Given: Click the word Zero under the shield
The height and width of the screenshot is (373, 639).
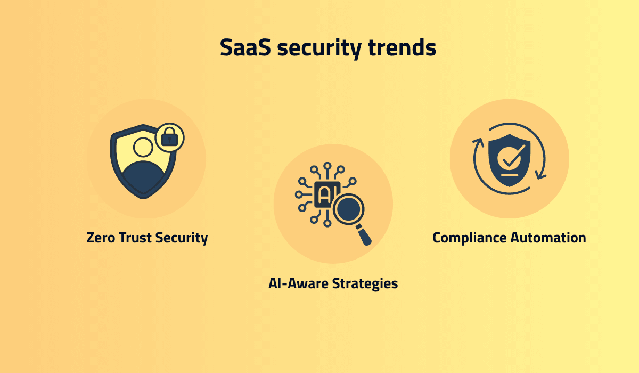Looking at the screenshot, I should [100, 238].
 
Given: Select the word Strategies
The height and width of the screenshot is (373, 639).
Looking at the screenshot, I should [365, 283].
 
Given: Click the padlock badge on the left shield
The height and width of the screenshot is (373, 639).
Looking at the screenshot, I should [169, 138].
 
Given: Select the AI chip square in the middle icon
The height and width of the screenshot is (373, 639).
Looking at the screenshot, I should [325, 195].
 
